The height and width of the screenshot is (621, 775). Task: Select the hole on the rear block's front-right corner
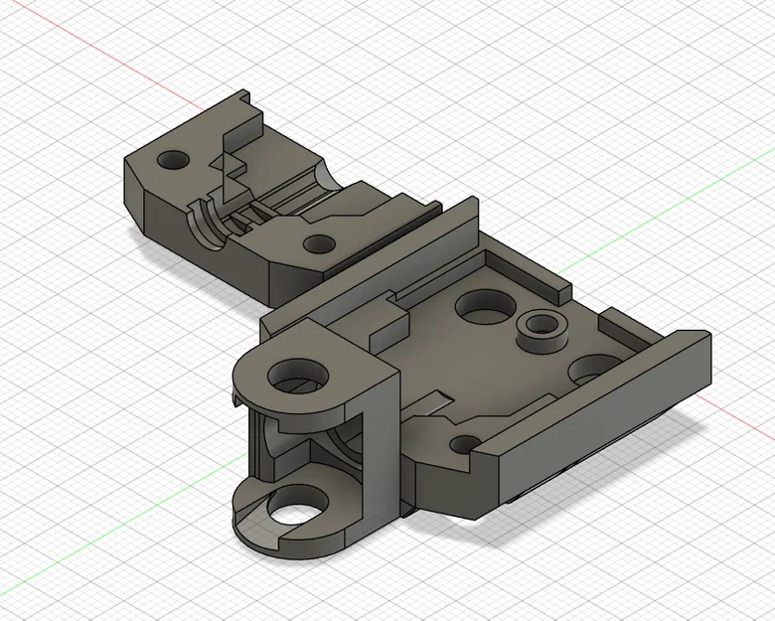[318, 242]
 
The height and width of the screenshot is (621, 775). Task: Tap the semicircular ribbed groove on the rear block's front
[206, 222]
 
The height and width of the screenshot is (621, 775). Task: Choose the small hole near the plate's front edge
[463, 443]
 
